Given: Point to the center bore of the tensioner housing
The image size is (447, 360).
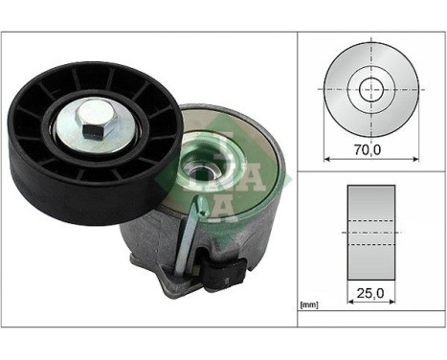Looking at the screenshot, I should (203, 174).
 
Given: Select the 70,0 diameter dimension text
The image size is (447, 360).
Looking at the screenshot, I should (367, 151).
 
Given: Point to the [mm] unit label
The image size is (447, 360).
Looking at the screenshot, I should (309, 306).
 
